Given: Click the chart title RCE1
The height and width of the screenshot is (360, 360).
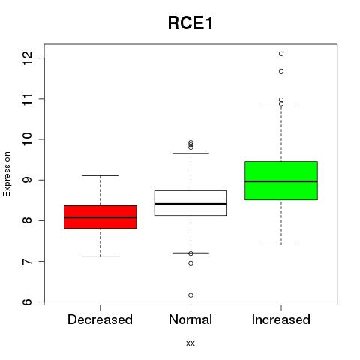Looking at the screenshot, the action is click(190, 23).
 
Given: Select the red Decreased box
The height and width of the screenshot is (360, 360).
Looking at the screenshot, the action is click(100, 217).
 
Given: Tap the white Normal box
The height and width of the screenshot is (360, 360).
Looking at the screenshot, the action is click(190, 203).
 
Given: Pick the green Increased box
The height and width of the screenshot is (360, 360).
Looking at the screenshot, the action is click(281, 181).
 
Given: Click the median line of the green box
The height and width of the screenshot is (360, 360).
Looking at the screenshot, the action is click(281, 181).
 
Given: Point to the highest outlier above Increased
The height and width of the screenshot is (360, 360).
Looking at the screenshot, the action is click(281, 54).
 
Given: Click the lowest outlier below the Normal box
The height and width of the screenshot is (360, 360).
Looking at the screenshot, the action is click(190, 295).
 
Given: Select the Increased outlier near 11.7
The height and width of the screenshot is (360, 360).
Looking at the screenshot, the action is click(281, 71).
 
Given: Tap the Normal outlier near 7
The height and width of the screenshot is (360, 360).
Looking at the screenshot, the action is click(190, 263).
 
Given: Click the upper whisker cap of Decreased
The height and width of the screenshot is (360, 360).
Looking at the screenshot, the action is click(100, 175).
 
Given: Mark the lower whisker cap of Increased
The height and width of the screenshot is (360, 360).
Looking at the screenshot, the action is click(281, 244).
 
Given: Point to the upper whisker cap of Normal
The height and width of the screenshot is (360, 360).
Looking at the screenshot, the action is click(190, 153).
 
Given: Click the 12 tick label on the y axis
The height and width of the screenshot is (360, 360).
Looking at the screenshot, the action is click(27, 58).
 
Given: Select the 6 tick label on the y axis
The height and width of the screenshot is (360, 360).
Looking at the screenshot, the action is click(27, 301).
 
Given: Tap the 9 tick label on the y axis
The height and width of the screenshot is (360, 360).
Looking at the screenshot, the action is click(27, 180).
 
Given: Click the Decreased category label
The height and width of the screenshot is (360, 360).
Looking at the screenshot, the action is click(100, 319).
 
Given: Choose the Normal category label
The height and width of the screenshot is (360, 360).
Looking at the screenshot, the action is click(190, 319).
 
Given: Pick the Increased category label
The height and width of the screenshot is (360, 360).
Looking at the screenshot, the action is click(281, 319).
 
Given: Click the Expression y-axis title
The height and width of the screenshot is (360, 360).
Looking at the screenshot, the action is click(7, 174).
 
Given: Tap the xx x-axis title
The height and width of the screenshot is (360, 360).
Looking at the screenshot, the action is click(190, 343).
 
